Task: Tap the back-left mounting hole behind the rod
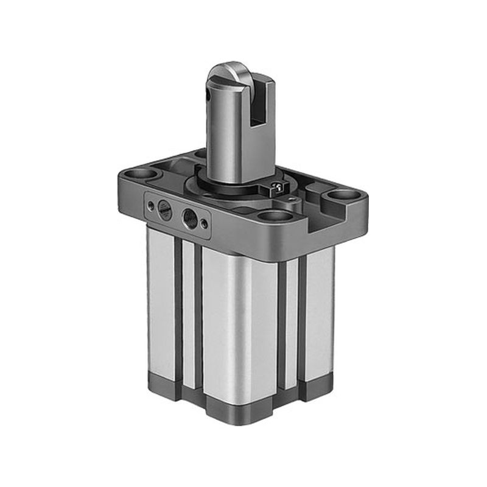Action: click(x=200, y=153)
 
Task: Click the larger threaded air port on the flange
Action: click(x=190, y=217)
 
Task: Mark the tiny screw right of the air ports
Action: click(x=204, y=224)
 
